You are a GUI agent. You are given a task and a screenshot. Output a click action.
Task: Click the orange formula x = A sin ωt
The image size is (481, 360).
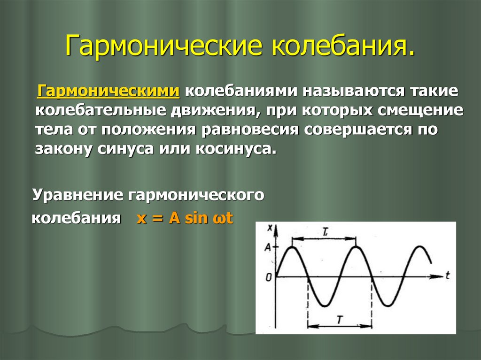(x=185, y=219)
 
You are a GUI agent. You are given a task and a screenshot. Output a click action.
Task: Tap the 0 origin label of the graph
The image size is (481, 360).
(x=268, y=278)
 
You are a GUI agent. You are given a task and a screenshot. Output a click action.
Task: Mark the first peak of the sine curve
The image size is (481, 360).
(x=292, y=247)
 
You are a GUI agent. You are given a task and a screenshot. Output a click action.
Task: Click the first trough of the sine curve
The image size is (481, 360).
(x=324, y=306)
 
